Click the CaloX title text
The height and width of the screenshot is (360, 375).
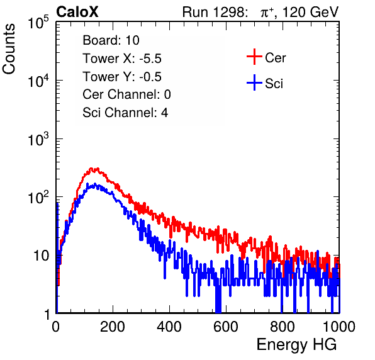[77, 12]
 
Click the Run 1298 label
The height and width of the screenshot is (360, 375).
[214, 12]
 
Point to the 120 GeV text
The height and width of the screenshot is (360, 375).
[311, 12]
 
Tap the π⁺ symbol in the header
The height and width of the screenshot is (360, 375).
[267, 13]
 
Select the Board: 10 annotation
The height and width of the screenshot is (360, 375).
[111, 40]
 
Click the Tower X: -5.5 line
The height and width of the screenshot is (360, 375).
[122, 59]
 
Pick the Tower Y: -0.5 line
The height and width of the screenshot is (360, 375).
[122, 77]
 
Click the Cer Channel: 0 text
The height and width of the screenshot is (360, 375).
[126, 94]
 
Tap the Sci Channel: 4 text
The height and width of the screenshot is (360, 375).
[125, 113]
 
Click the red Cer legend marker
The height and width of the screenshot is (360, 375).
[254, 57]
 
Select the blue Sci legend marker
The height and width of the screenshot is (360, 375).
[254, 83]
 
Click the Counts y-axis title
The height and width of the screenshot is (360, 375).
[9, 49]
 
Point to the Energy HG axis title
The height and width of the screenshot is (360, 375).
[296, 344]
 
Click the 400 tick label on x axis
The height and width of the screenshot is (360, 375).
[169, 327]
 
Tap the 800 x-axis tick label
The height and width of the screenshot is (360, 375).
[283, 327]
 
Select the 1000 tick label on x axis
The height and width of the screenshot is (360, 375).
[339, 327]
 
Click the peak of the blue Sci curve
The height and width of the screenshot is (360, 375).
[95, 184]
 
